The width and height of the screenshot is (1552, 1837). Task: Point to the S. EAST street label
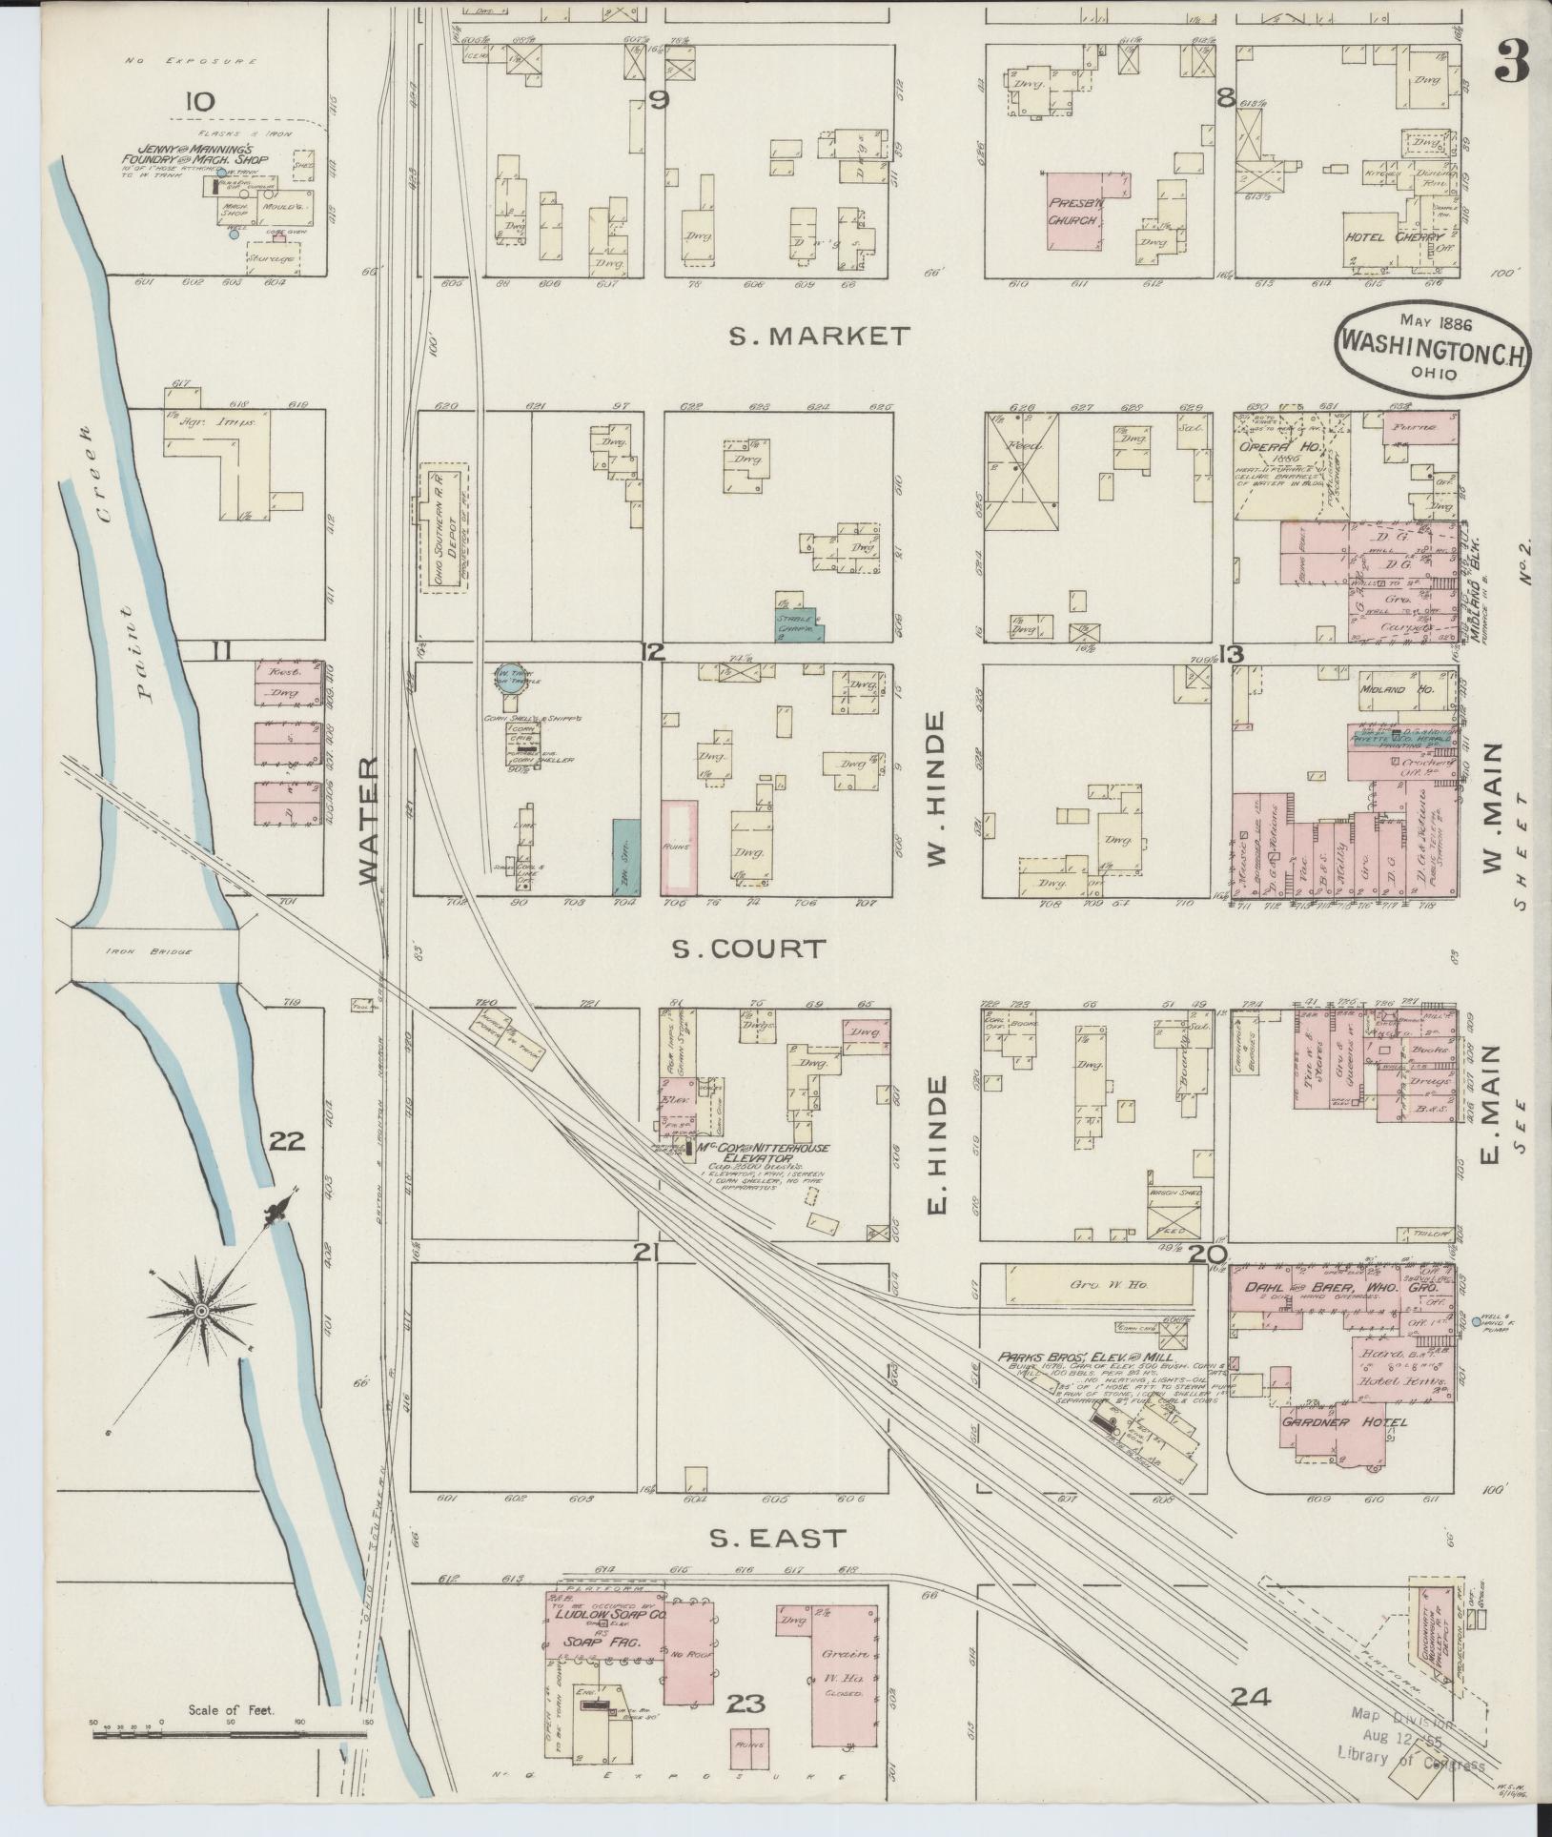779,1537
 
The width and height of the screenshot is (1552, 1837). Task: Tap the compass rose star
201,1313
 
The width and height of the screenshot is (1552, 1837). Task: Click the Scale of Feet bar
229,1734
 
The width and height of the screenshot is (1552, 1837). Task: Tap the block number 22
286,1140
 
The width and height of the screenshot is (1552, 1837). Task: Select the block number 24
1250,1696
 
